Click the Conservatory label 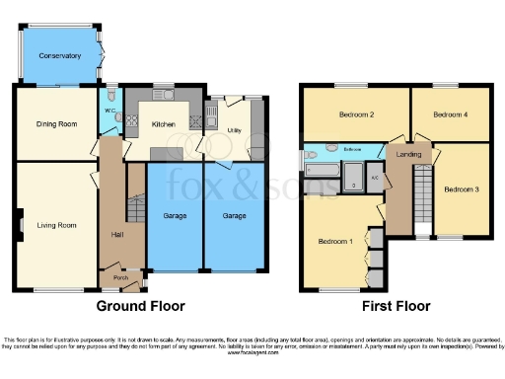tap(59, 56)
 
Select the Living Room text tap(56, 225)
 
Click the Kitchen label tap(163, 124)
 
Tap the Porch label tap(120, 277)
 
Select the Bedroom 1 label tap(335, 241)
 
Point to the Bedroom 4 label tap(451, 115)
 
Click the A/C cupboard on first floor tap(374, 178)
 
